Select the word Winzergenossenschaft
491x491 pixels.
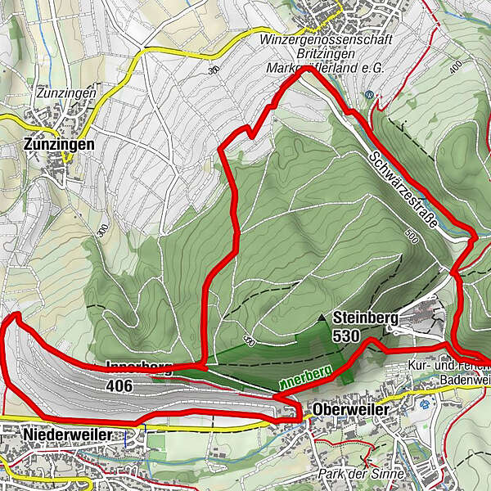325,39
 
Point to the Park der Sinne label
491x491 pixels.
362,474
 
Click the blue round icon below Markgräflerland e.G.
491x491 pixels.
370,94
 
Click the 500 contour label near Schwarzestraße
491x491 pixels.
409,236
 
